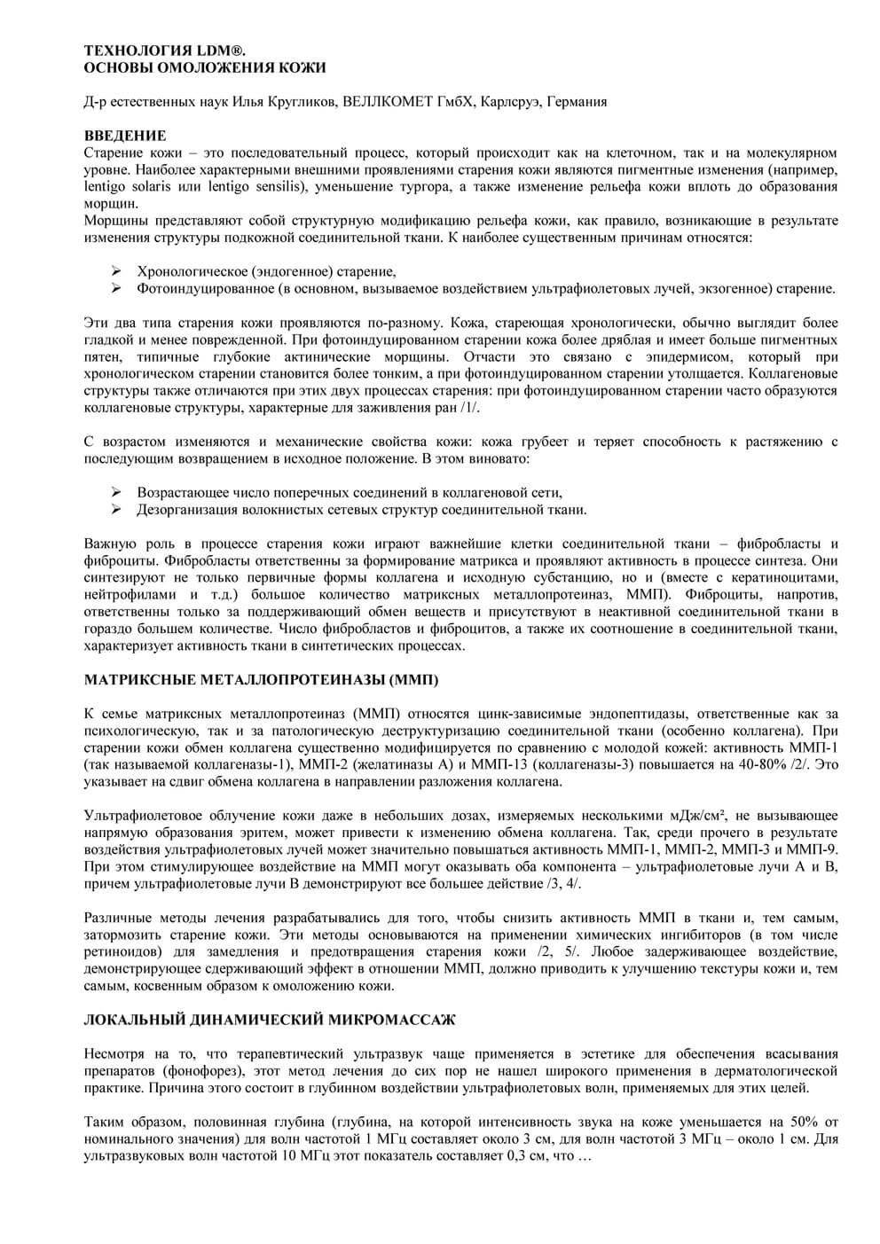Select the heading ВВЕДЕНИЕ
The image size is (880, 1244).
(125, 136)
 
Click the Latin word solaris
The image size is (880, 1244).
(153, 186)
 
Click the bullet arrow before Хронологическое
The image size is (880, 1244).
(115, 271)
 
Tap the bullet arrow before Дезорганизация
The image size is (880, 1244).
(115, 509)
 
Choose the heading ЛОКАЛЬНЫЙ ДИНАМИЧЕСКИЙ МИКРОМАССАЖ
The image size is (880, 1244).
(270, 1020)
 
